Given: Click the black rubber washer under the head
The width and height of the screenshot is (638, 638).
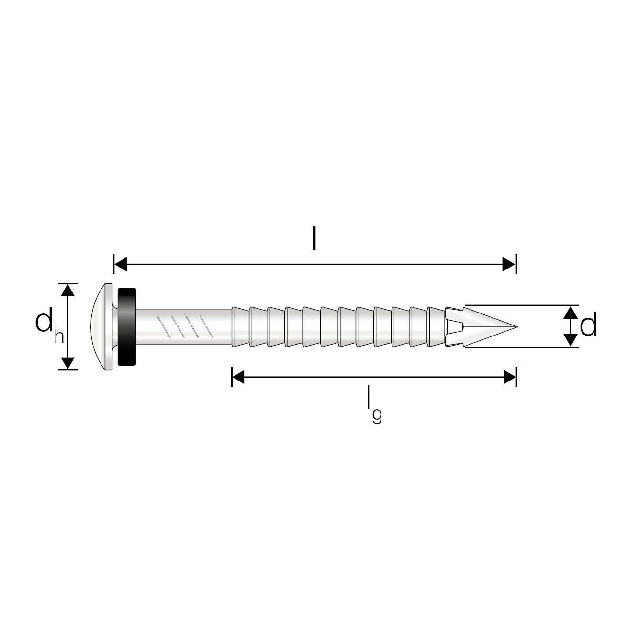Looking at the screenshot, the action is [127, 327].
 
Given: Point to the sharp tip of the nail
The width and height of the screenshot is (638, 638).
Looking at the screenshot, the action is [516, 327].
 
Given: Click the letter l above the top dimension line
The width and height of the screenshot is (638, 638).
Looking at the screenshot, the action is [314, 238].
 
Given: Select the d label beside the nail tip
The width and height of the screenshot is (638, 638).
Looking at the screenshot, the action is [588, 325].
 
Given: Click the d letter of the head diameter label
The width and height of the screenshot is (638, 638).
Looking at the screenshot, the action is [44, 320].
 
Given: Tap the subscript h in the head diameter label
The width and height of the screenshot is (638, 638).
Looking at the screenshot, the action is [59, 337].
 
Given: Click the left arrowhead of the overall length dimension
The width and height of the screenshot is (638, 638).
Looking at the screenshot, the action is [121, 264].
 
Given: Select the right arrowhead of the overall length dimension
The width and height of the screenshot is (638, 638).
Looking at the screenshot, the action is [509, 264].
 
